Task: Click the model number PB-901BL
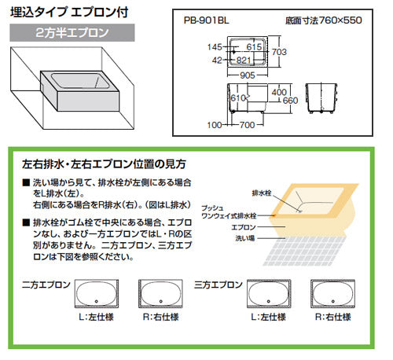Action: coord(206,20)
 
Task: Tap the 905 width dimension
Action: coord(248,75)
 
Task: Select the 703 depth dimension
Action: coord(279,52)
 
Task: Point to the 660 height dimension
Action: coord(290,101)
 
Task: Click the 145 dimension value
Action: coord(215,47)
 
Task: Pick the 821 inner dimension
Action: coord(244,61)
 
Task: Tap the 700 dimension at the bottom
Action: coord(247,125)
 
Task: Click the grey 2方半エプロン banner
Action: coord(72,33)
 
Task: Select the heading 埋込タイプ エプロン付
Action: coord(69,13)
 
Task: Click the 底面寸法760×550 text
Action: coord(324,20)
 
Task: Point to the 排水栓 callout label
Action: coord(262,193)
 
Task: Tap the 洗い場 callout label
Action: coord(245,238)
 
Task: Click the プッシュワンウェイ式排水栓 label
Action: coord(229,211)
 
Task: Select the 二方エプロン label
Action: coord(46,285)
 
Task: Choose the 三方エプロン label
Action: coord(219,285)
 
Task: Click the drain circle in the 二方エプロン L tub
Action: coord(97,301)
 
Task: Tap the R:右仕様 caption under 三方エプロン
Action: coord(332,317)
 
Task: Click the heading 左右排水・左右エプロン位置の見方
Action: coord(104,164)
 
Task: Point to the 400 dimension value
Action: coord(279,92)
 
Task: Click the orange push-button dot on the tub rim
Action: coord(274,215)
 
